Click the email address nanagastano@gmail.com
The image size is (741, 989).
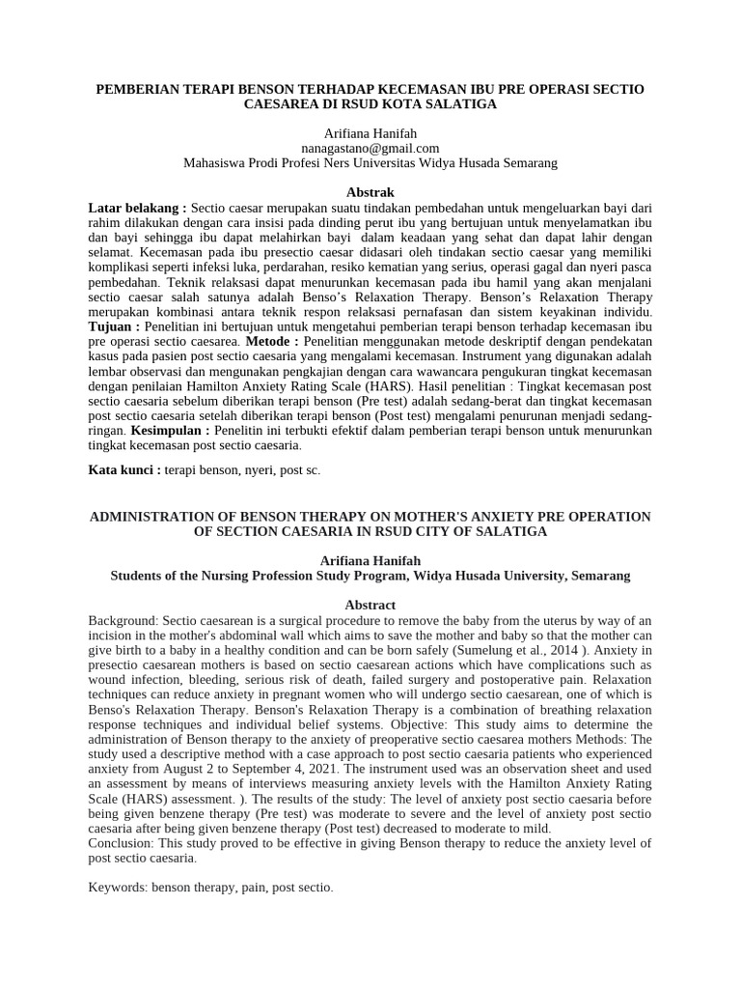[x=370, y=148]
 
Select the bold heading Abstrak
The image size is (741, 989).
[x=370, y=192]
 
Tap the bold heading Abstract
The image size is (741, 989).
[x=370, y=605]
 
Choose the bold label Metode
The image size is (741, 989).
[x=272, y=342]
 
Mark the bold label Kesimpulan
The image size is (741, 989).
[x=170, y=430]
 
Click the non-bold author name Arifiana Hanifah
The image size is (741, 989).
[x=370, y=132]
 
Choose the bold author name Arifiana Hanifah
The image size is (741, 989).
[x=370, y=560]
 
